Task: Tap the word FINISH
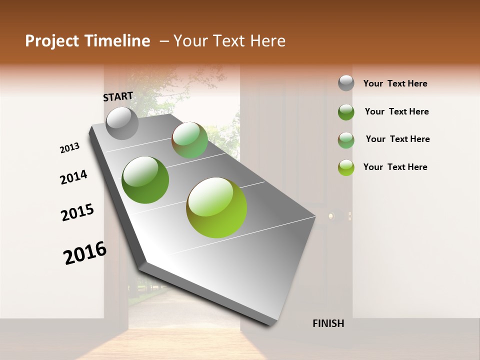click(328, 323)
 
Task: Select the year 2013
click(69, 148)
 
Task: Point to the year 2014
click(73, 177)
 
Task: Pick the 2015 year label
click(77, 212)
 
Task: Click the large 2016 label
click(85, 252)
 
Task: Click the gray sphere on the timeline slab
click(122, 123)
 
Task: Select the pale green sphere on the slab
click(190, 140)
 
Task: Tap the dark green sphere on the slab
click(145, 180)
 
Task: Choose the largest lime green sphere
click(216, 207)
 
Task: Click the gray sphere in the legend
click(346, 83)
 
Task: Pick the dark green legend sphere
click(346, 112)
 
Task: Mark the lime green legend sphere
click(346, 167)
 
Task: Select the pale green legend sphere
click(346, 140)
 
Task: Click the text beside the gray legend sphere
click(395, 83)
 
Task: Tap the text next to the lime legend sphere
click(395, 167)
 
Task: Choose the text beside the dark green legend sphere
click(397, 111)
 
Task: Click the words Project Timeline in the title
click(87, 41)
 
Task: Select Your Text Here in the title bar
click(229, 41)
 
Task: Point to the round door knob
click(330, 216)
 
